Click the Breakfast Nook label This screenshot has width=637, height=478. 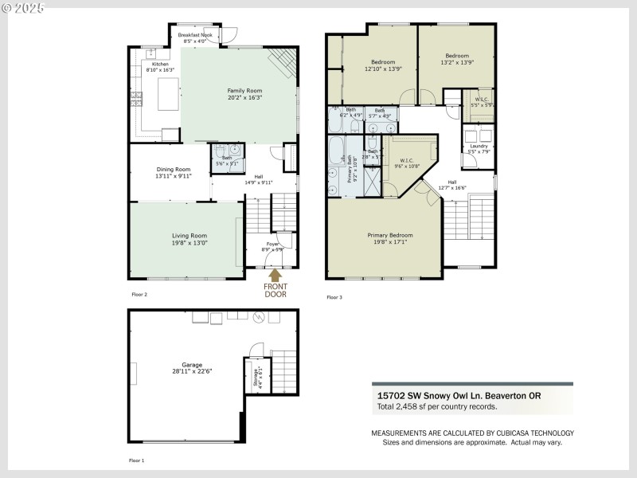[194, 35]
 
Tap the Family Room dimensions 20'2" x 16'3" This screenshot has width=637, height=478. [244, 97]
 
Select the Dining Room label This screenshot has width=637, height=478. [173, 169]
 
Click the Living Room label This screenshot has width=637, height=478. [190, 235]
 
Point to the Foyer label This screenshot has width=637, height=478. [272, 245]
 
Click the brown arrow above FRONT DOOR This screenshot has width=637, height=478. [275, 275]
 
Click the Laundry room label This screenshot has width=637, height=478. [479, 146]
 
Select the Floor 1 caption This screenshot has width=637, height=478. [137, 460]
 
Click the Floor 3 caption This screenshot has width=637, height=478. [334, 297]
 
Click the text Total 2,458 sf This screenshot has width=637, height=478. [436, 406]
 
